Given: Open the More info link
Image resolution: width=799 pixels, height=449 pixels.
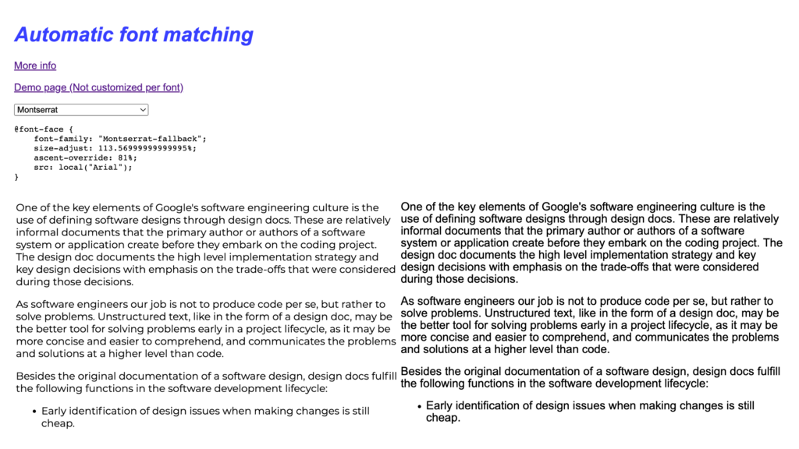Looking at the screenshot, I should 35,65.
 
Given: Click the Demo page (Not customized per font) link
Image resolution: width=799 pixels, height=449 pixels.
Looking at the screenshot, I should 98,87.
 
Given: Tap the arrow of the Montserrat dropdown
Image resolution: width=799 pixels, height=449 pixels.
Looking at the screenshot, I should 142,110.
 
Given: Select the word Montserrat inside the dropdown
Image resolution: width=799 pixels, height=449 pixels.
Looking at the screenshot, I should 37,110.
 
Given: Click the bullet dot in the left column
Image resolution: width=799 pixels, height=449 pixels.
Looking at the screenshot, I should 34,411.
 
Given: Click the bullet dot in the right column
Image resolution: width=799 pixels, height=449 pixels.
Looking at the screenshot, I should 419,406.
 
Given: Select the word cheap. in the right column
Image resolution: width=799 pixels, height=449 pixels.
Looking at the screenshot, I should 443,418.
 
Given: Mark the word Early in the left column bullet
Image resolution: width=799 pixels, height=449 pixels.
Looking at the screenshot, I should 55,411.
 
